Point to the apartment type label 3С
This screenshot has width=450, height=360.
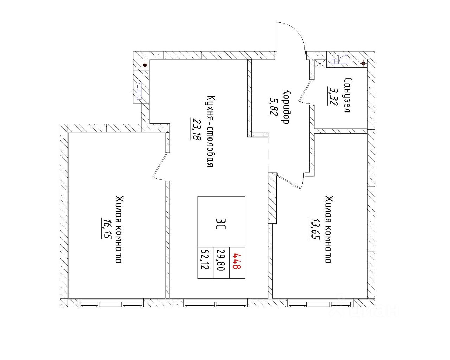221,222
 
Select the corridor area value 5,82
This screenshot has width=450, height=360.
272,106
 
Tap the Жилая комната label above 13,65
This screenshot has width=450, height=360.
328,229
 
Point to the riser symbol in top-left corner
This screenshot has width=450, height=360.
144,65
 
